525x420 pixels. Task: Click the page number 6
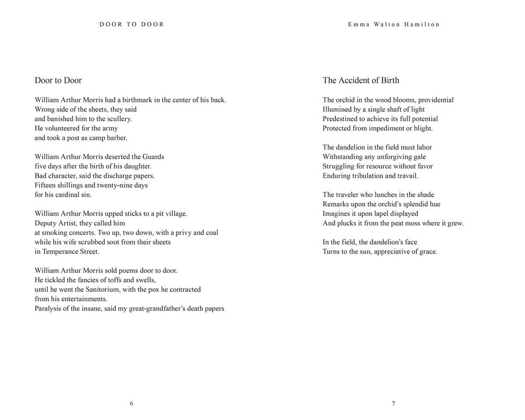click(131, 403)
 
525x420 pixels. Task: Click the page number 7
click(393, 403)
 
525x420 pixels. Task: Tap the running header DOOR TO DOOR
click(132, 24)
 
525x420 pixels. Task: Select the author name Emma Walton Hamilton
click(393, 24)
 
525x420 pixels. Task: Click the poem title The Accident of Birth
click(361, 80)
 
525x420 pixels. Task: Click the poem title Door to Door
click(58, 80)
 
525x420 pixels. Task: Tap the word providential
click(436, 100)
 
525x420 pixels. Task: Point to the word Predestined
click(340, 119)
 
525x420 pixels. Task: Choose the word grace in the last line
click(428, 251)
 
